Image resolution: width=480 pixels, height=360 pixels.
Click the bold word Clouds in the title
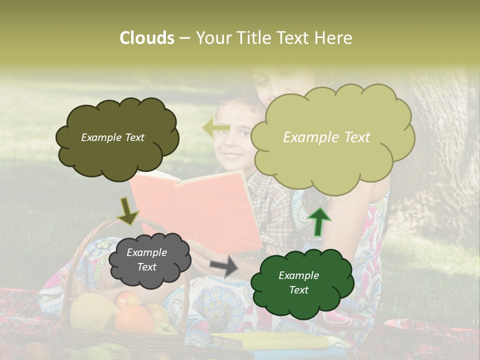(146, 38)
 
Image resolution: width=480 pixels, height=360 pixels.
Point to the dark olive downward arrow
(127, 211)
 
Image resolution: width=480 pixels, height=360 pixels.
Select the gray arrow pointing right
(224, 265)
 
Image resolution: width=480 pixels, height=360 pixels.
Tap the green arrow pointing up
(319, 222)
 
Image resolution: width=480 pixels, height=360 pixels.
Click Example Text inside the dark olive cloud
(112, 137)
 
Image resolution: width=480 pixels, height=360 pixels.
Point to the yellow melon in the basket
(92, 310)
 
